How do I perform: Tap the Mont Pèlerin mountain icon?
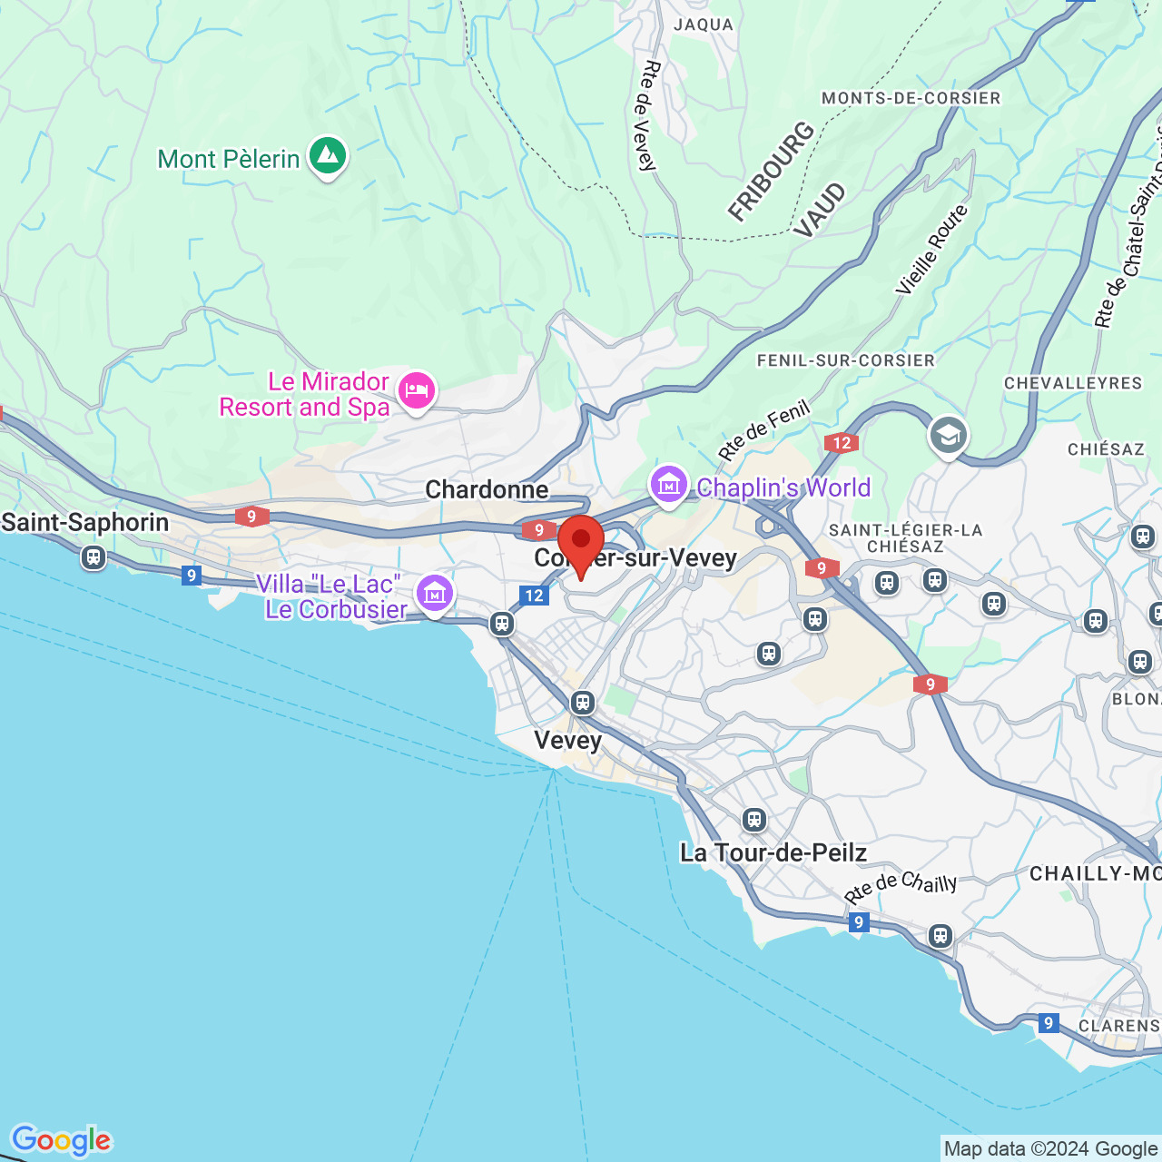(x=328, y=156)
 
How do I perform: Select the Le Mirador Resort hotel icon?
(x=417, y=391)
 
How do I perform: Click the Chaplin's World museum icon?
(x=668, y=485)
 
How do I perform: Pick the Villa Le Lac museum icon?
(x=435, y=594)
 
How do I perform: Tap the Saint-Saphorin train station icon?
(x=93, y=556)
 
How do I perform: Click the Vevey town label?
(x=567, y=740)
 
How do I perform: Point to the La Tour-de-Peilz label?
(x=773, y=852)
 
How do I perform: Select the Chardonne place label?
(x=487, y=489)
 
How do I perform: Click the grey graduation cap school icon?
(x=948, y=436)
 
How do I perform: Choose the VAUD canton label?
(x=819, y=211)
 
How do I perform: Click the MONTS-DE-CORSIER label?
(x=911, y=98)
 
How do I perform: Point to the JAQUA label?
(x=703, y=25)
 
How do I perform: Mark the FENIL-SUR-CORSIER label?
(x=845, y=360)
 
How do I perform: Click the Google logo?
(x=61, y=1140)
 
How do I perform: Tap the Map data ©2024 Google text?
(x=1050, y=1148)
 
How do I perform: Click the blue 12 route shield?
(x=534, y=596)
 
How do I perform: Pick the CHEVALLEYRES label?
(x=1072, y=383)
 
